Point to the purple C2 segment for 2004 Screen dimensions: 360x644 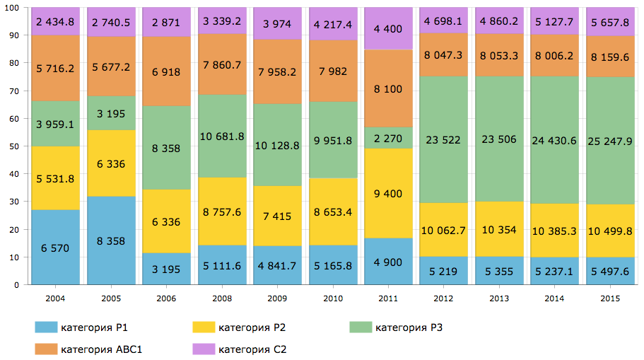point(55,21)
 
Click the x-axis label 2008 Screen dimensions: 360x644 point(222,299)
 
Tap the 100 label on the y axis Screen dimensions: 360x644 point(12,8)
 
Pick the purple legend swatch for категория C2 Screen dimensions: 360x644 point(203,349)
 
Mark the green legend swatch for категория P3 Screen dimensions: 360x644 point(360,327)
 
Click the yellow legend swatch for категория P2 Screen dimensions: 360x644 point(203,327)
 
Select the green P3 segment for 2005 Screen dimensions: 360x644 point(110,113)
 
